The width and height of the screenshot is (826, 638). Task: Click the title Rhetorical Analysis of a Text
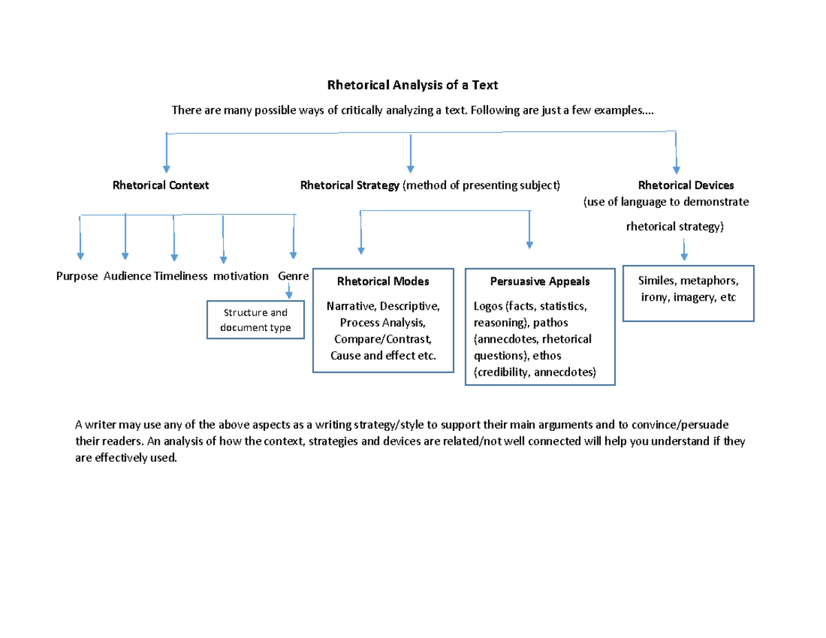pyautogui.click(x=412, y=85)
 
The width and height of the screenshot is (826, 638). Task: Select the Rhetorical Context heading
pyautogui.click(x=161, y=185)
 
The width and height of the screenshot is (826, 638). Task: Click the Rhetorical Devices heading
pyautogui.click(x=686, y=185)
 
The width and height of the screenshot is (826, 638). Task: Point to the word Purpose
pyautogui.click(x=77, y=276)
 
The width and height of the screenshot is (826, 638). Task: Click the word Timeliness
pyautogui.click(x=181, y=276)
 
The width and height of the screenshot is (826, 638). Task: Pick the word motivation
pyautogui.click(x=240, y=276)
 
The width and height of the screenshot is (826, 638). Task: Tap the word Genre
pyautogui.click(x=293, y=276)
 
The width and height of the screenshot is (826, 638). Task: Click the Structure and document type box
pyautogui.click(x=255, y=320)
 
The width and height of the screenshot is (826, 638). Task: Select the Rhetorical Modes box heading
pyautogui.click(x=383, y=281)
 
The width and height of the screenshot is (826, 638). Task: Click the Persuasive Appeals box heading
pyautogui.click(x=540, y=281)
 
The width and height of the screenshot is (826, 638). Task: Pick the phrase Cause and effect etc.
pyautogui.click(x=383, y=356)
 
